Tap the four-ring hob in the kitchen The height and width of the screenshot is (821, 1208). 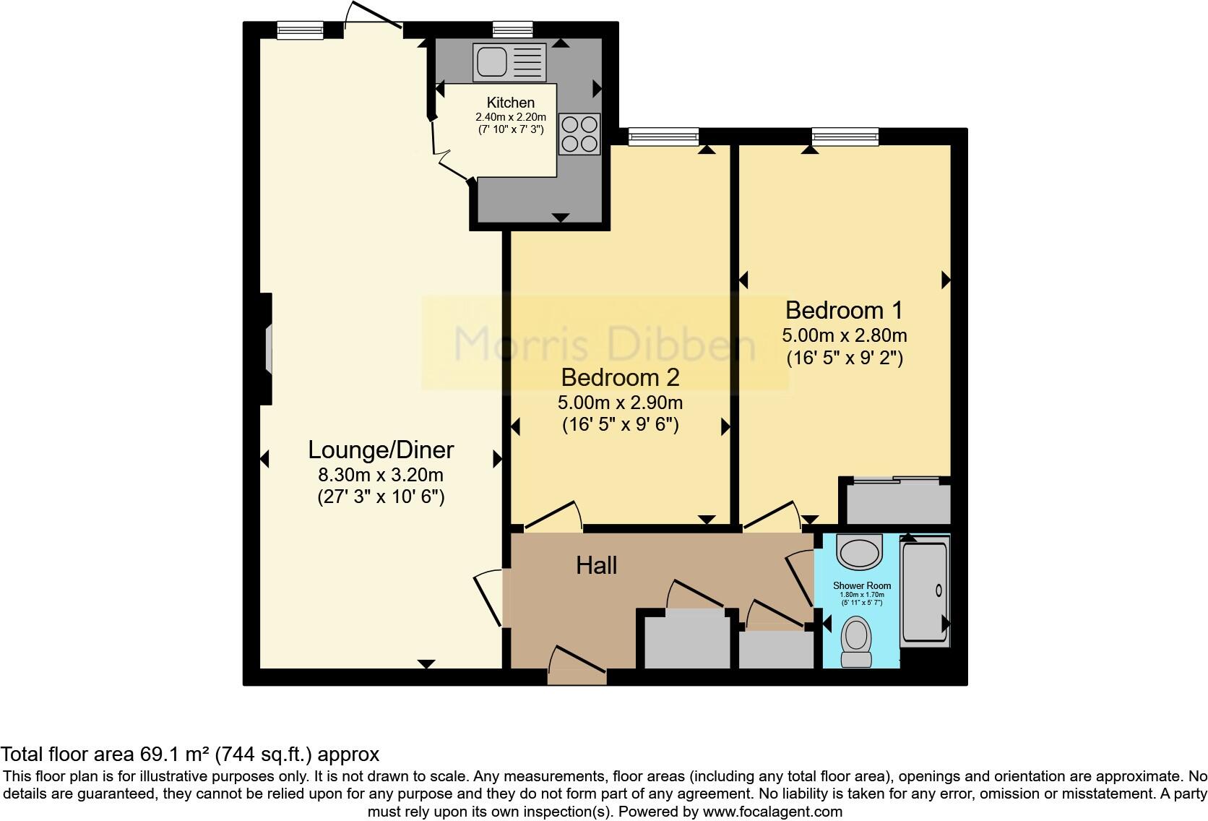(579, 134)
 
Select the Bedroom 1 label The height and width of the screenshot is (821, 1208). (844, 310)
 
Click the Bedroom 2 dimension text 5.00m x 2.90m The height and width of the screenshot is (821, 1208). (620, 402)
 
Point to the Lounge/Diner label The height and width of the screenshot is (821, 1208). (381, 450)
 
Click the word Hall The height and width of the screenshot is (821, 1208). (596, 565)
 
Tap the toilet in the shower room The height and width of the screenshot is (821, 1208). (857, 640)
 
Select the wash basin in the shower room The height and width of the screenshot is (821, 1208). (860, 552)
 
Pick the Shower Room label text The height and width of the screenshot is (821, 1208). (861, 585)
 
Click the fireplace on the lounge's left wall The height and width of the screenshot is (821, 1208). (267, 349)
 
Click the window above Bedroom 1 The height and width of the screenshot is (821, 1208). (845, 136)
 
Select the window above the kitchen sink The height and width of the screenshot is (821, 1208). (512, 30)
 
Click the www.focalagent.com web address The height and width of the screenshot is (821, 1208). (772, 812)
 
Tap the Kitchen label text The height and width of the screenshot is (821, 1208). (510, 103)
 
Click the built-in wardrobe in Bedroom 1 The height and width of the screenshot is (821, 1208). (895, 503)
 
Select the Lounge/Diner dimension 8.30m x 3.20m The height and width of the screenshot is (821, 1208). (381, 475)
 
